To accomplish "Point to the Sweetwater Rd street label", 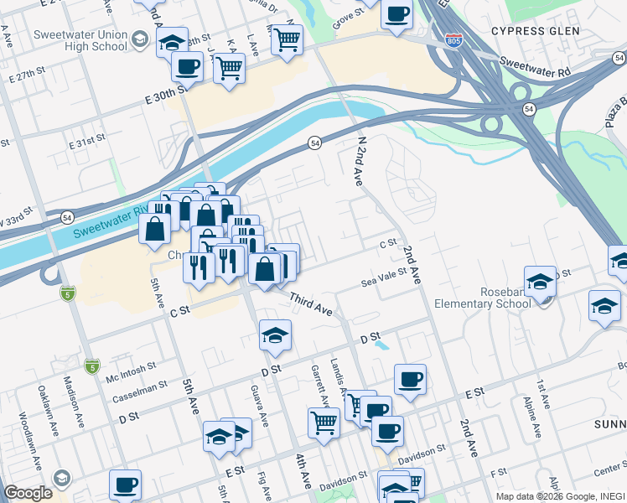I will click(534, 66).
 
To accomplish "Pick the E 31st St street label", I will click(87, 141).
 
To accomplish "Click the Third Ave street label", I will click(311, 304).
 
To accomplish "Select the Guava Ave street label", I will click(257, 407).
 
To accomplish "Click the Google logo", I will click(28, 493).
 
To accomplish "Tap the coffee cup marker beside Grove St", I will click(396, 14).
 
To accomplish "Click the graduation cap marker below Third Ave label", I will click(275, 335).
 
